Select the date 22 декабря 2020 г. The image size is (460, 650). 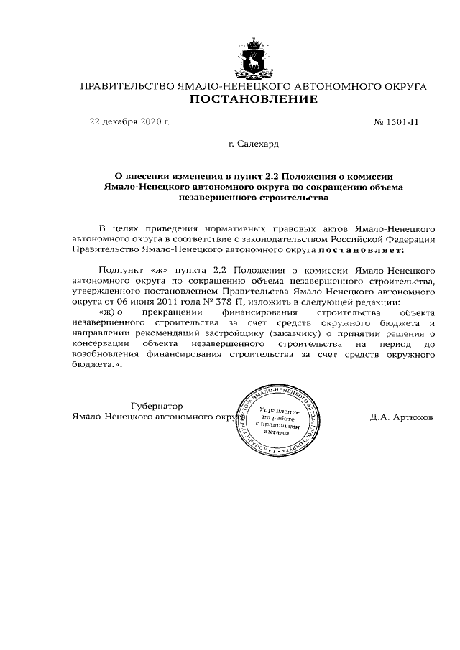coord(129,122)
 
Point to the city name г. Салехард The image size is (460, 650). coord(253,144)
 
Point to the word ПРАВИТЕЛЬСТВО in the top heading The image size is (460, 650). coord(126,87)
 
